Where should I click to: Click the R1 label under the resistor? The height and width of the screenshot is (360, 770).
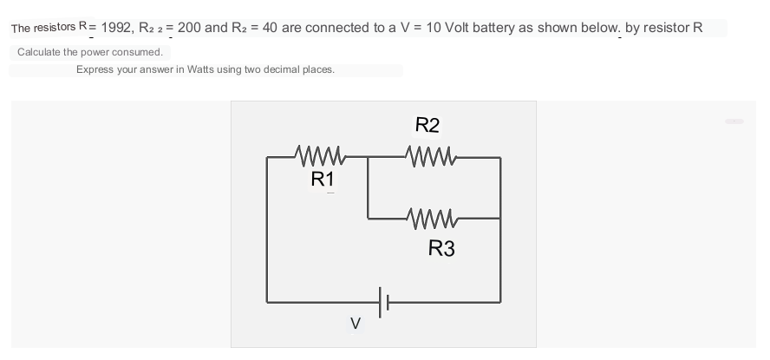pyautogui.click(x=323, y=180)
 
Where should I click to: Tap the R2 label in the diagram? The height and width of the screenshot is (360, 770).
pyautogui.click(x=427, y=125)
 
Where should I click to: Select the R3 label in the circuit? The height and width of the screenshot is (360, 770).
pyautogui.click(x=441, y=248)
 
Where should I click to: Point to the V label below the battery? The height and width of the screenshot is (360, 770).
pyautogui.click(x=356, y=324)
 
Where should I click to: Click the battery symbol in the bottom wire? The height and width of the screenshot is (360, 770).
pyautogui.click(x=383, y=302)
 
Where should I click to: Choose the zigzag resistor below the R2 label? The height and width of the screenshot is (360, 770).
pyautogui.click(x=431, y=157)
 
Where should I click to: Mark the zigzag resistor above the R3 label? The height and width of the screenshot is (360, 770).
pyautogui.click(x=432, y=219)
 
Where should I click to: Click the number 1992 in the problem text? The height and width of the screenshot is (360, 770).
pyautogui.click(x=116, y=28)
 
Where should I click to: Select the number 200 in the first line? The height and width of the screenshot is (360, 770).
pyautogui.click(x=189, y=28)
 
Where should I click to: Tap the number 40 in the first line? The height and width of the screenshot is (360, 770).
pyautogui.click(x=270, y=28)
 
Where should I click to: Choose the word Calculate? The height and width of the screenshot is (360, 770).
pyautogui.click(x=34, y=52)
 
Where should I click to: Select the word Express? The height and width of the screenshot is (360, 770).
pyautogui.click(x=95, y=70)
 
